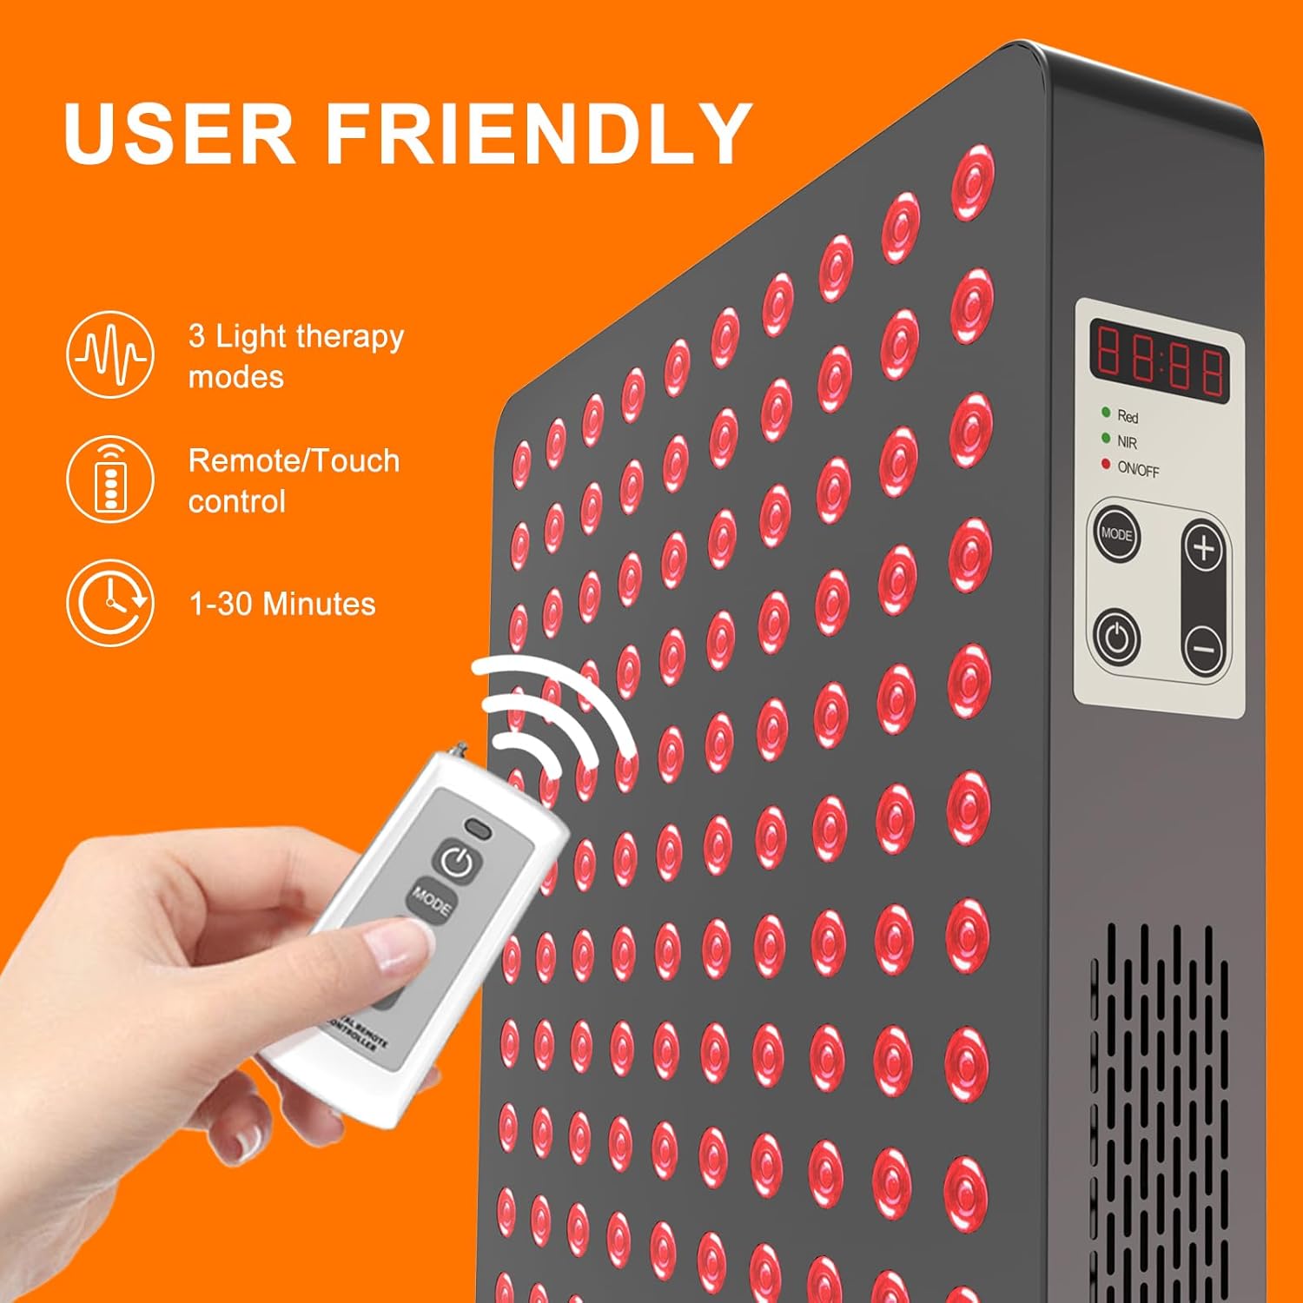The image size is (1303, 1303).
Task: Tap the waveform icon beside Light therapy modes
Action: pyautogui.click(x=110, y=354)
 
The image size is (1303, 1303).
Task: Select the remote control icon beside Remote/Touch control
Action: pyautogui.click(x=110, y=479)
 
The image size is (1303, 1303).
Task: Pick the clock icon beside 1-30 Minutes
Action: pyautogui.click(x=110, y=603)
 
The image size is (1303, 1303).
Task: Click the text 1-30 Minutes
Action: pyautogui.click(x=282, y=604)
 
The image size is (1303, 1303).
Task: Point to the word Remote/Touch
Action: pyautogui.click(x=294, y=460)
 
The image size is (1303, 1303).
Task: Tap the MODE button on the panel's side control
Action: pyautogui.click(x=1116, y=533)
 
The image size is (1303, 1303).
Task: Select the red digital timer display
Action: pyautogui.click(x=1160, y=360)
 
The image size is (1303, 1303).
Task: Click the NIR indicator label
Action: pyautogui.click(x=1127, y=442)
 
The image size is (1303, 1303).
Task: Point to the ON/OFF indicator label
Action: pyautogui.click(x=1138, y=469)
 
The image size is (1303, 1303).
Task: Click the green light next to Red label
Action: pyautogui.click(x=1106, y=413)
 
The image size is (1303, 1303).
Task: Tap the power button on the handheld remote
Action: pyautogui.click(x=457, y=861)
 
